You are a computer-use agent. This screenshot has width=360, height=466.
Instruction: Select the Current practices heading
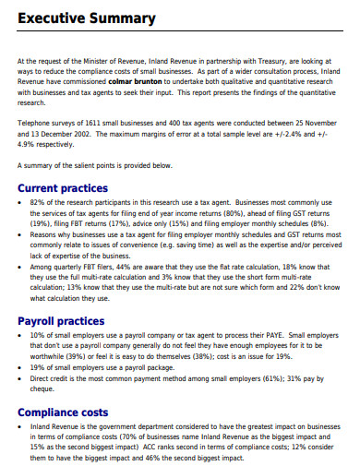click(x=64, y=188)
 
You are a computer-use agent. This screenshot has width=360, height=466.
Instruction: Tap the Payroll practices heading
click(x=61, y=321)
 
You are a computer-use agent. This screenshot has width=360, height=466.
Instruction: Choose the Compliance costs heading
click(x=63, y=412)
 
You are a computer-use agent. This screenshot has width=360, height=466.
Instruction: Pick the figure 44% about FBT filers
click(x=111, y=267)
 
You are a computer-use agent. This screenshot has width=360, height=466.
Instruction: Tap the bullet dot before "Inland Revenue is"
click(x=22, y=425)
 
